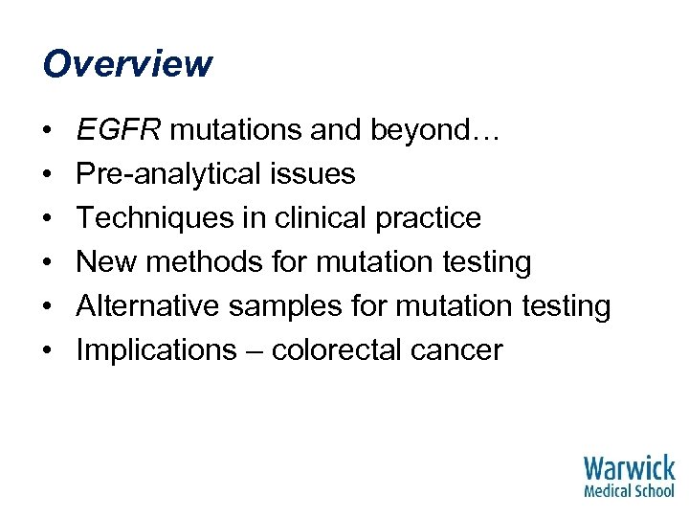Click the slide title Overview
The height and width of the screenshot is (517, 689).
click(127, 64)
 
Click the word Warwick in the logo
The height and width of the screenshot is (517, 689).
click(629, 469)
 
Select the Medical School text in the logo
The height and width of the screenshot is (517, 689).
click(629, 491)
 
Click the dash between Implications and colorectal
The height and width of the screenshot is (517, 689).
click(252, 351)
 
